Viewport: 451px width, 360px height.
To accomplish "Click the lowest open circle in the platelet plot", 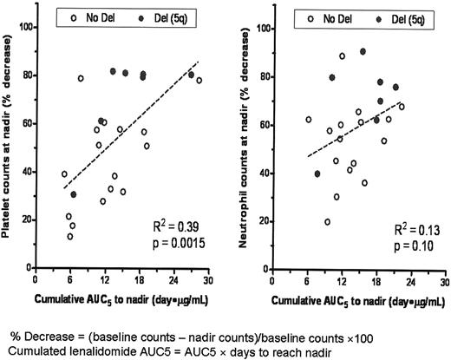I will [70, 236].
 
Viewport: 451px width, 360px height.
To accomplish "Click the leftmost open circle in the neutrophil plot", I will [308, 120].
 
